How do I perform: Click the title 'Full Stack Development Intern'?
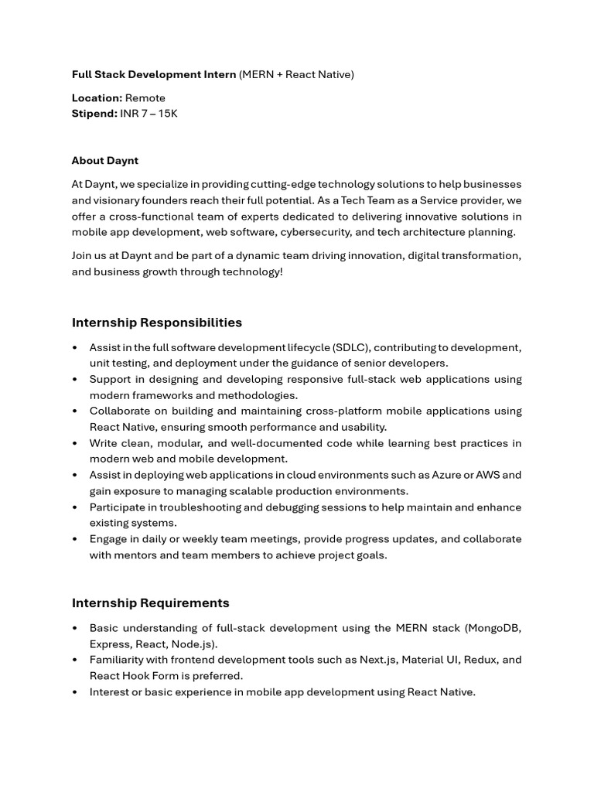154,74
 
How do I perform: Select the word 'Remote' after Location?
145,98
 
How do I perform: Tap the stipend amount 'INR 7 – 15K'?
148,114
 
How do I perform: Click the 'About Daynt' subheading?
105,161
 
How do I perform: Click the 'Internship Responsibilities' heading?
157,323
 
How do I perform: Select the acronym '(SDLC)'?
350,348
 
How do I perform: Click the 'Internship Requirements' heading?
151,603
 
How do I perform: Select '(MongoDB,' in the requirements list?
493,628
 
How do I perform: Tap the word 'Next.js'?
378,660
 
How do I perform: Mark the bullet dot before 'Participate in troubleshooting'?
75,508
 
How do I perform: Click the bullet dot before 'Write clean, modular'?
75,444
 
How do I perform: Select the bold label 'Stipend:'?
94,114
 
